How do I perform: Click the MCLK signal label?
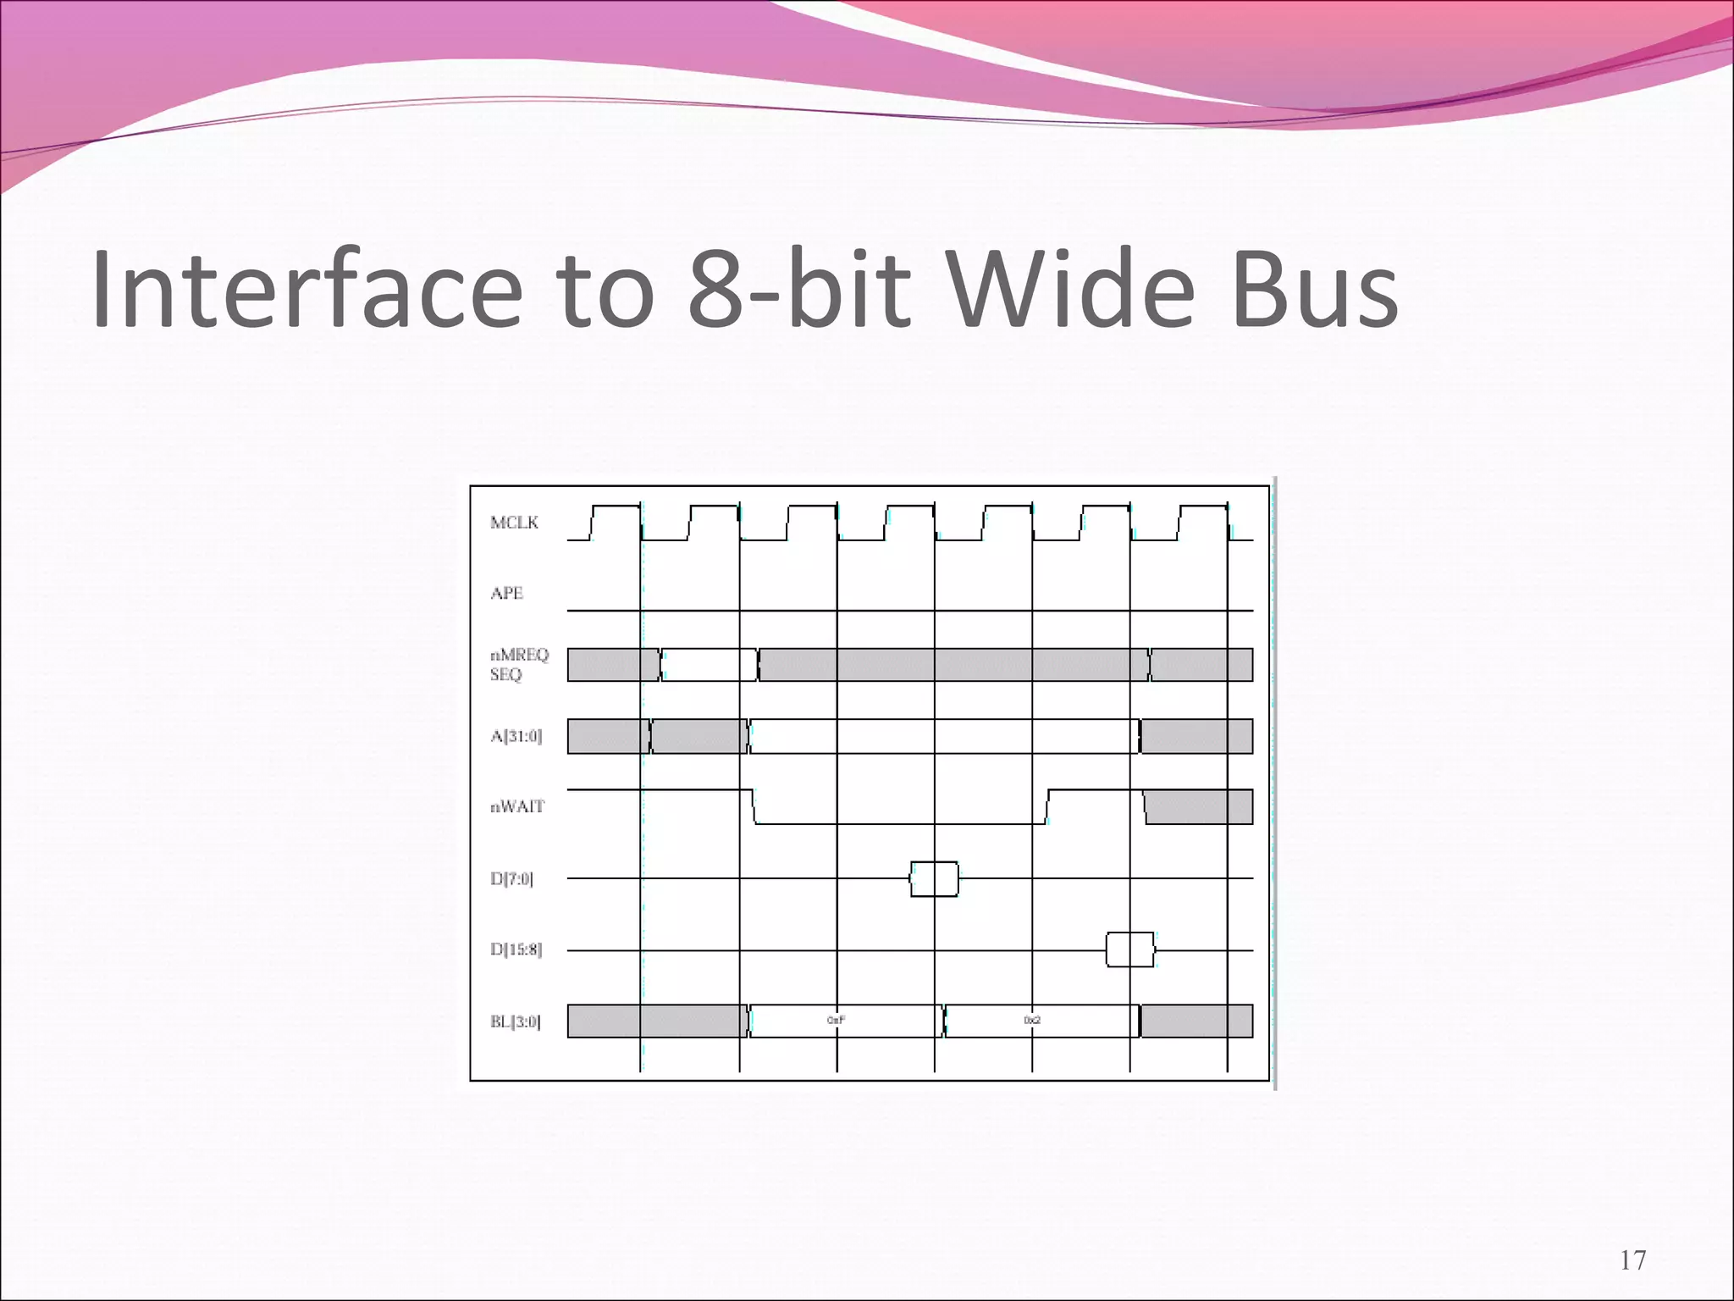tap(514, 523)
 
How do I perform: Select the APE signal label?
tap(506, 594)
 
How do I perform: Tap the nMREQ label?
tap(519, 655)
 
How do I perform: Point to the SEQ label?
tap(505, 675)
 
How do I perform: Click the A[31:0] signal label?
tap(516, 736)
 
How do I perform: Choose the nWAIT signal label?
tap(516, 806)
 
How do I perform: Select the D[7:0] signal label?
tap(511, 878)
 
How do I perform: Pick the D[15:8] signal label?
tap(516, 949)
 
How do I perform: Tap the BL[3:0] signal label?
tap(515, 1021)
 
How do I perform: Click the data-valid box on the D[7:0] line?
tap(935, 879)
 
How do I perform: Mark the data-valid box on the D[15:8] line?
tap(1130, 949)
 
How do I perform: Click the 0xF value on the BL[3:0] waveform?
tap(836, 1021)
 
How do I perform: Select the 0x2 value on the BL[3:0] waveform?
tap(1032, 1021)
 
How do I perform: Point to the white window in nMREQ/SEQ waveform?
tap(710, 665)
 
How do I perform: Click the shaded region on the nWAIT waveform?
tap(1198, 806)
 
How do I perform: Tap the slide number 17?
tap(1633, 1260)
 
